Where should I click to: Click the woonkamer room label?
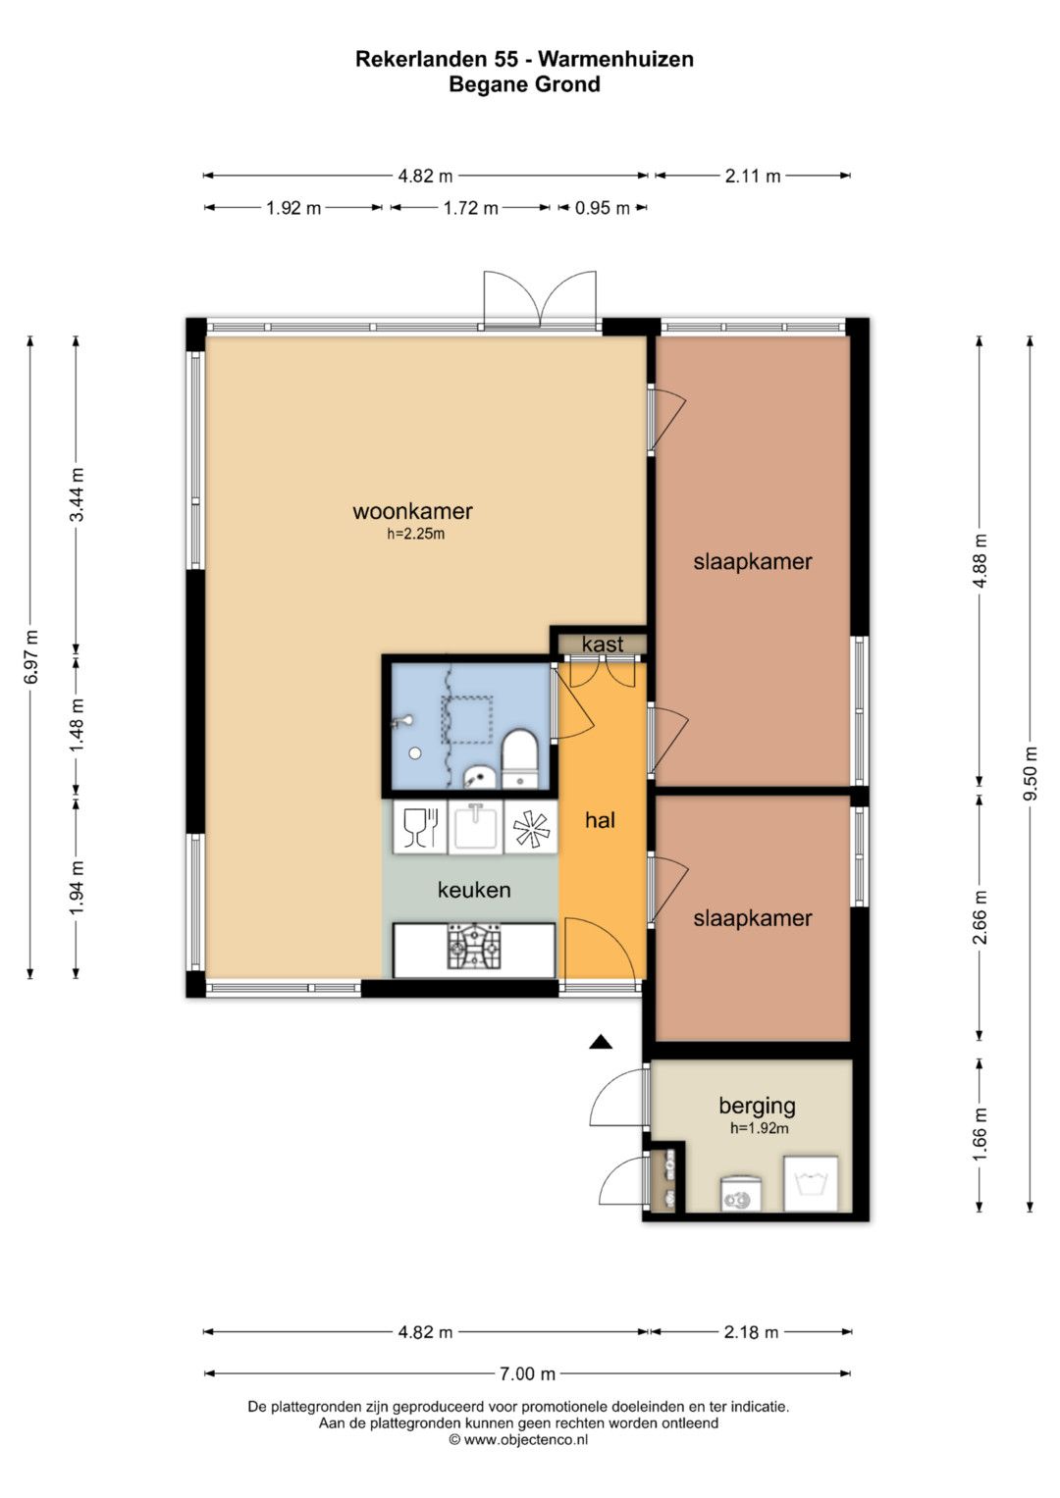pos(412,511)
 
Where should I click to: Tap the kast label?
pos(603,644)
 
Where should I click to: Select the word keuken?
pos(474,890)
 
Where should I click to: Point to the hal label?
pos(600,820)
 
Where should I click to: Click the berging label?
pos(757,1107)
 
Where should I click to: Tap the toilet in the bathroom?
pos(519,759)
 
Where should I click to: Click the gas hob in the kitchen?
pos(474,947)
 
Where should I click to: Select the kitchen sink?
pos(476,828)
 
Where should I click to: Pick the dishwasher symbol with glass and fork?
pos(420,828)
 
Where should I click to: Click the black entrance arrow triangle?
pos(601,1041)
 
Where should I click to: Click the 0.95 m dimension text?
pos(603,208)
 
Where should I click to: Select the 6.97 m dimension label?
pos(30,656)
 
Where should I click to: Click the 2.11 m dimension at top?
pos(753,176)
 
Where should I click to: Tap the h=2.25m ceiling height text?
pos(415,535)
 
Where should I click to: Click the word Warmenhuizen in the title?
pos(615,59)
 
